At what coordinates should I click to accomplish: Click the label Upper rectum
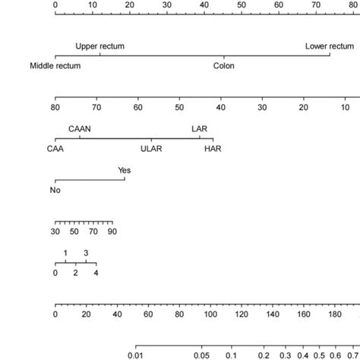pyautogui.click(x=99, y=46)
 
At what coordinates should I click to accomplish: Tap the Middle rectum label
pyautogui.click(x=55, y=65)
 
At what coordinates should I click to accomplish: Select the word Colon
pyautogui.click(x=223, y=65)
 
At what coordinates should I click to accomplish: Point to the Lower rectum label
pyautogui.click(x=329, y=46)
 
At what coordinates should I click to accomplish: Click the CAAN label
pyautogui.click(x=80, y=130)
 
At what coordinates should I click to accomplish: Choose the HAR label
pyautogui.click(x=213, y=149)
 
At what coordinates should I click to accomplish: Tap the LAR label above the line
pyautogui.click(x=199, y=130)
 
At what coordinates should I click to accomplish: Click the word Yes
pyautogui.click(x=124, y=171)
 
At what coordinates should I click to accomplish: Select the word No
pyautogui.click(x=55, y=190)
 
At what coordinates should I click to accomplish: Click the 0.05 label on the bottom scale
pyautogui.click(x=201, y=353)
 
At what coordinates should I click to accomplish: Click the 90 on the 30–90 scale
pyautogui.click(x=111, y=231)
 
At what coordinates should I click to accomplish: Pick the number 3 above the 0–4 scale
pyautogui.click(x=86, y=253)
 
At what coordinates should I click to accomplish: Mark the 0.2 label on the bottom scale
pyautogui.click(x=263, y=353)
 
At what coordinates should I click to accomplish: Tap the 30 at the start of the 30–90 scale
pyautogui.click(x=55, y=231)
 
